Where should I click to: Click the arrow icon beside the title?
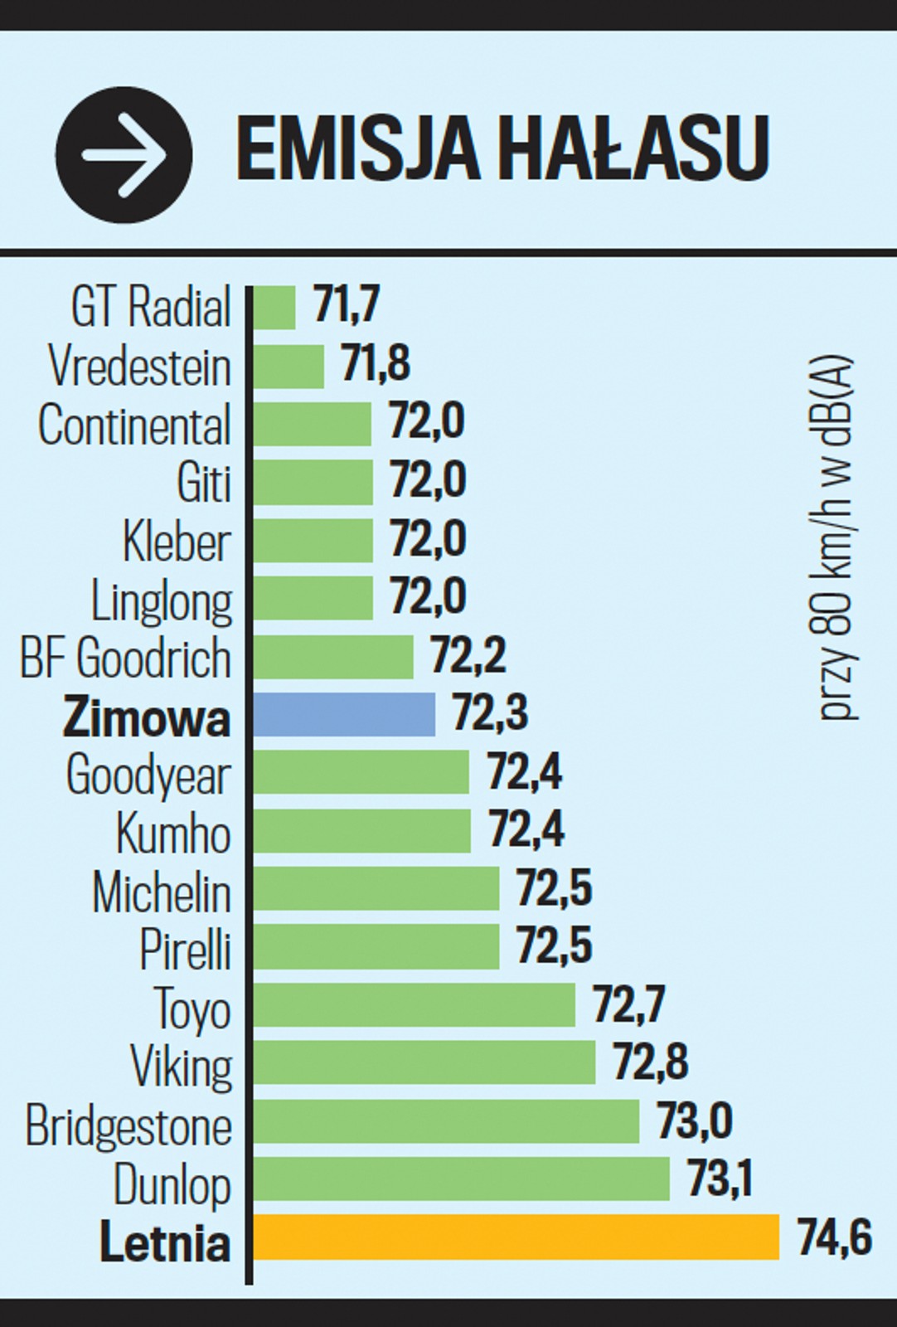coord(124,155)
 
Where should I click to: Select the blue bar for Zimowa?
coord(344,714)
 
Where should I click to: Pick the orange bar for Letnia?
coord(516,1237)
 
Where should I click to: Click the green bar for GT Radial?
coord(274,308)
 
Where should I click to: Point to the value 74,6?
coord(834,1237)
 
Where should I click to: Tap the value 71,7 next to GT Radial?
coord(347,304)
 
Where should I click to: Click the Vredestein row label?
coord(139,366)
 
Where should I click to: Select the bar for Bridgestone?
coord(446,1121)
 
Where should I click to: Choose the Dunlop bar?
coord(461,1179)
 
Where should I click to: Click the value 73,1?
coord(720,1178)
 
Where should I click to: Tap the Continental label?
coord(134,425)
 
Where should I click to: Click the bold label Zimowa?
coord(147,717)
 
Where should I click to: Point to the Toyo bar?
coord(414,1005)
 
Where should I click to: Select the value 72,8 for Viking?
coord(651,1062)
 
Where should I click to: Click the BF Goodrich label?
coord(125,659)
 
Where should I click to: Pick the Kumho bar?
coord(361,830)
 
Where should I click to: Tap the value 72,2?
coord(468,655)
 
